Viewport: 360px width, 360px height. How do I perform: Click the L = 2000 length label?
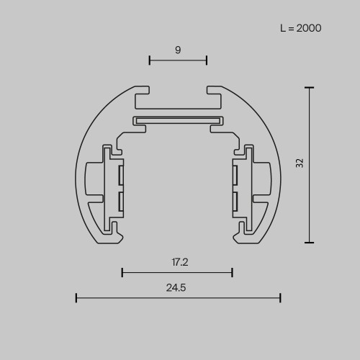click(300, 29)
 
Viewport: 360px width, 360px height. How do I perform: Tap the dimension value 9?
click(178, 50)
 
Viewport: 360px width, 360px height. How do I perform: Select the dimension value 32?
click(300, 163)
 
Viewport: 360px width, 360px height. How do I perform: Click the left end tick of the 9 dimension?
click(150, 60)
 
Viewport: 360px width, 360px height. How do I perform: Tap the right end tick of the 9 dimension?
click(207, 60)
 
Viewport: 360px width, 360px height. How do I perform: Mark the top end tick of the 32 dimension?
click(310, 87)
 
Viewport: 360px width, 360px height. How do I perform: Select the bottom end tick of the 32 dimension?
click(310, 243)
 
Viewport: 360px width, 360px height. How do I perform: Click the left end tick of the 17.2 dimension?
click(122, 272)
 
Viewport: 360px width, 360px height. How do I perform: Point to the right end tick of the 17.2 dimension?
click(232, 272)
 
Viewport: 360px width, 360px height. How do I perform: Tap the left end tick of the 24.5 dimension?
click(76, 297)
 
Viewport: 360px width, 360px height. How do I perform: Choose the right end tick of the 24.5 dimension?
click(280, 297)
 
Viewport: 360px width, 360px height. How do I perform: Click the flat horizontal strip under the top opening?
click(178, 120)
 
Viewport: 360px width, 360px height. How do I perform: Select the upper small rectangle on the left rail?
click(122, 174)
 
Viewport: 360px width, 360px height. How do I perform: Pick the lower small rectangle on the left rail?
click(122, 201)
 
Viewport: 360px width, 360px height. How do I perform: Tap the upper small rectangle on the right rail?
click(234, 174)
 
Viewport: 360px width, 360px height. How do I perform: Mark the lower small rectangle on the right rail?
click(234, 201)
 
